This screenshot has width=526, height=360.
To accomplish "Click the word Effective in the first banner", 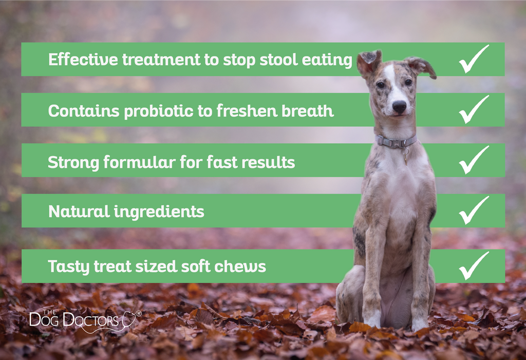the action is pos(83,60).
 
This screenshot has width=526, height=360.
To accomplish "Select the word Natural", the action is pos(79,212).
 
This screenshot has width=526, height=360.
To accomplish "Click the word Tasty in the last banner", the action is pos(69,267).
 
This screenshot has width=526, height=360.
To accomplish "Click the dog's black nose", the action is pos(399,106).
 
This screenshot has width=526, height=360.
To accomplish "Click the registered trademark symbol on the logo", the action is pos(138,313).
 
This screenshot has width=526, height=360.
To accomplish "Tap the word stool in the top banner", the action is pos(278,60).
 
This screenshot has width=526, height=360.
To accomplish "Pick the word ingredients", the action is pos(159,212).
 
